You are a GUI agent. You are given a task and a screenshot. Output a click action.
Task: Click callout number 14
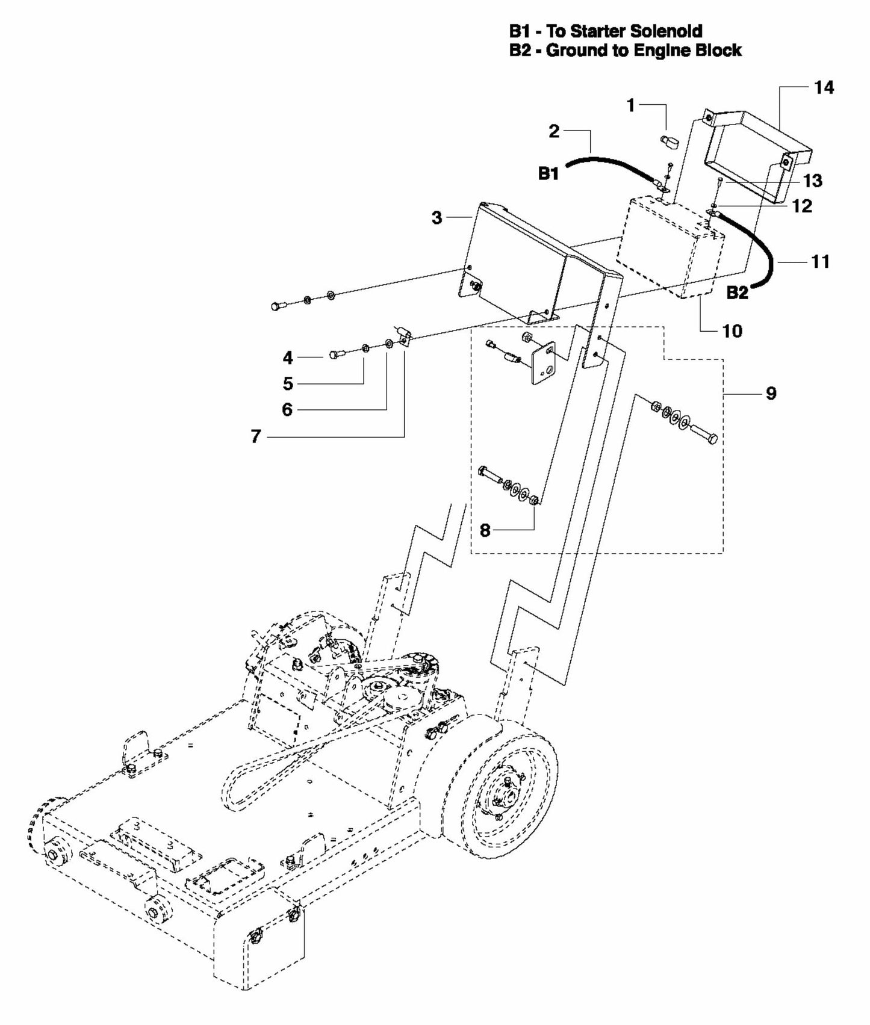point(824,88)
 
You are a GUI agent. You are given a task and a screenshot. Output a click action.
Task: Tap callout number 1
point(630,106)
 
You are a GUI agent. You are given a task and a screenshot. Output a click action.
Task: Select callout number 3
point(437,218)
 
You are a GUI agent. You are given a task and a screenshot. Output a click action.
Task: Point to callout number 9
point(771,394)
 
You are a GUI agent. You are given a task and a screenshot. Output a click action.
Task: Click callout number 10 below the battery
point(732,330)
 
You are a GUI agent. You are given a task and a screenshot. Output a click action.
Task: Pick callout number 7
point(256,436)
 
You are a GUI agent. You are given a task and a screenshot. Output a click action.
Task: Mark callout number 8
point(485,530)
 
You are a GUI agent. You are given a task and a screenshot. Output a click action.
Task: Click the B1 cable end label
point(548,174)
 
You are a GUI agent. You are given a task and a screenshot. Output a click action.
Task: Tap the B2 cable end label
point(737,293)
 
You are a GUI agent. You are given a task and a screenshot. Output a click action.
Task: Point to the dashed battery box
point(668,247)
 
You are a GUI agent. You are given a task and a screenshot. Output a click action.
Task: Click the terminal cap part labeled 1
point(668,142)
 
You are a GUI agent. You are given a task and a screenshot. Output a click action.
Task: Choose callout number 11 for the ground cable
point(820,262)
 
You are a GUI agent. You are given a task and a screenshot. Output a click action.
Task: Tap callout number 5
point(288,383)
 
